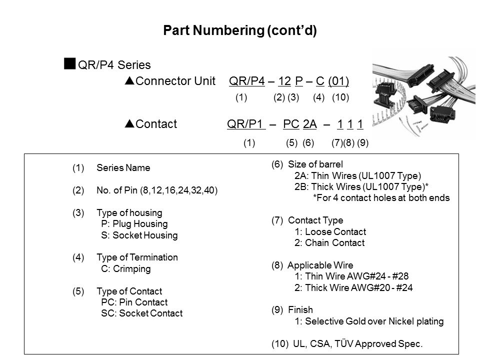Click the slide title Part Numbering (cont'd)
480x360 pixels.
240,30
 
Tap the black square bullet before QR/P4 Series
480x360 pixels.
70,63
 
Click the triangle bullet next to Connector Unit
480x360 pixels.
130,80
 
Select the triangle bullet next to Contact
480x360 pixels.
130,123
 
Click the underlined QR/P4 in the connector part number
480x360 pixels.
246,81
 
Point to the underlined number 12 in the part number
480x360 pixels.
284,81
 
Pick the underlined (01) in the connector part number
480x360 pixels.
338,81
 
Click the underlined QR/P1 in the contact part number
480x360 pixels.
246,124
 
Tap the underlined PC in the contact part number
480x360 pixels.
291,124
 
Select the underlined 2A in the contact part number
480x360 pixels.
310,124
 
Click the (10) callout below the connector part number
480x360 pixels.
340,97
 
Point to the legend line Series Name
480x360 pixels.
123,168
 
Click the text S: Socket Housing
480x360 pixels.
139,235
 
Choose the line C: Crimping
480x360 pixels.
126,269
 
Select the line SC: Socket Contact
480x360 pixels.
141,313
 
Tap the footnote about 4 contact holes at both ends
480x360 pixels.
381,198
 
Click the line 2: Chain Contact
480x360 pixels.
329,243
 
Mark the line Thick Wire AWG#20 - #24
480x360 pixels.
359,288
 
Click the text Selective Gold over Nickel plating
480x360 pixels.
374,321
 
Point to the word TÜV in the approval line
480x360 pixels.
343,343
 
